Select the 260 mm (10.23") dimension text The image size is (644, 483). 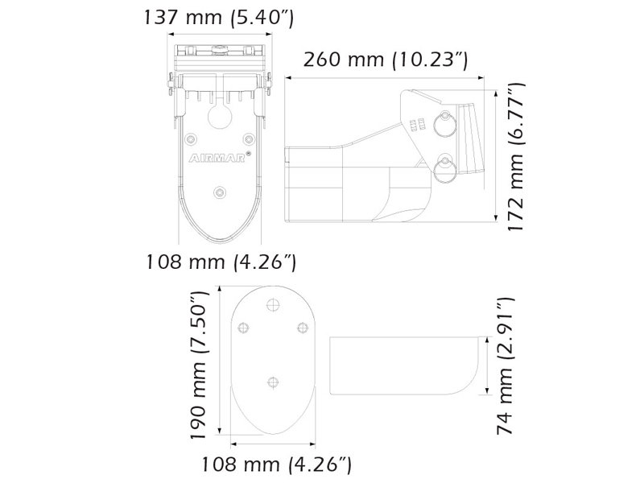[x=386, y=60]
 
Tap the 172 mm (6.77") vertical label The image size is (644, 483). [x=516, y=155]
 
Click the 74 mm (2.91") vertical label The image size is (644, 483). [x=504, y=376]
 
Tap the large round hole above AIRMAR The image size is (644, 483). [x=221, y=114]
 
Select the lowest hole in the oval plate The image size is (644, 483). [x=272, y=383]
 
